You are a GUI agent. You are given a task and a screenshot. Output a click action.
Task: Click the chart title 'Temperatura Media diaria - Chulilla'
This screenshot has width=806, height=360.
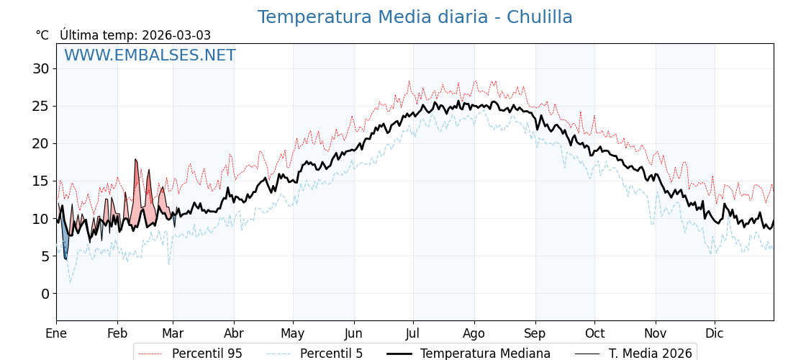(x=415, y=17)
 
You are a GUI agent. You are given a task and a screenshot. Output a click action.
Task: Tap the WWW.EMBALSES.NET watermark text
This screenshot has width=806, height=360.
(x=150, y=55)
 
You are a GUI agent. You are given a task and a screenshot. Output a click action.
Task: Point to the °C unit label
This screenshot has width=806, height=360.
(x=42, y=35)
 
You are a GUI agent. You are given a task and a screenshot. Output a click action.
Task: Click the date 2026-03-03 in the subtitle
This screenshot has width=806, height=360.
(x=176, y=35)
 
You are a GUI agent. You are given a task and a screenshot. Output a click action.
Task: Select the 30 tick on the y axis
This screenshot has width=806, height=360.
(x=40, y=69)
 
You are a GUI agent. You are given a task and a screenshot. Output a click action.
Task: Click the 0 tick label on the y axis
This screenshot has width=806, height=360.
(x=45, y=294)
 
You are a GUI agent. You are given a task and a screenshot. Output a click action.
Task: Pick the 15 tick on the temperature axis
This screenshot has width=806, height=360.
(x=40, y=181)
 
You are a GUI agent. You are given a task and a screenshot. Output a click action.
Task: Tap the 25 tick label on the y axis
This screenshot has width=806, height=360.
(x=40, y=107)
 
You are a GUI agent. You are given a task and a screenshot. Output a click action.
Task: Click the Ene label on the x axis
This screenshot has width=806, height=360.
(x=56, y=333)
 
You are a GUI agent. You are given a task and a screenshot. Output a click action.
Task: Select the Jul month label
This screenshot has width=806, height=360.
(x=413, y=333)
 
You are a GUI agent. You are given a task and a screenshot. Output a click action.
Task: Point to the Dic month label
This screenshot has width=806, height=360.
(x=715, y=333)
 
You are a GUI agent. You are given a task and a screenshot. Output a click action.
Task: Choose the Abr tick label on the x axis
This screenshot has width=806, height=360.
(x=234, y=333)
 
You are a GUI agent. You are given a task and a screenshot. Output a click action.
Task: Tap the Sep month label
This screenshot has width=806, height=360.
(x=535, y=333)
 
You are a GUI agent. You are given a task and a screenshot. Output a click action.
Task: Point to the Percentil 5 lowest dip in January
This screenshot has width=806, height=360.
(x=70, y=282)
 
